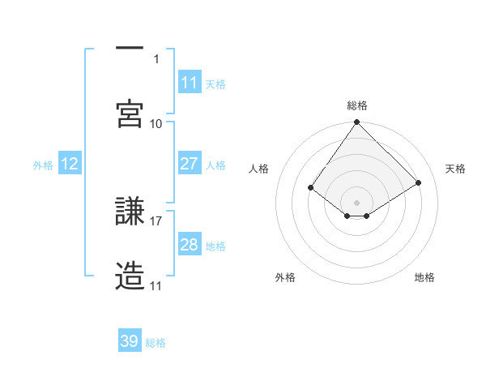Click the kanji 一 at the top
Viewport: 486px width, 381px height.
point(130,49)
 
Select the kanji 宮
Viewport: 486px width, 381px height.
point(130,113)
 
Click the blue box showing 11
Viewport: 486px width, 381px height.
point(190,83)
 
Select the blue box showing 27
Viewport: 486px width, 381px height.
point(190,164)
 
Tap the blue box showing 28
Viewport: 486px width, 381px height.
point(190,245)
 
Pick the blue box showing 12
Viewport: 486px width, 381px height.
point(70,164)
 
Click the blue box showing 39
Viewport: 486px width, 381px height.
point(130,341)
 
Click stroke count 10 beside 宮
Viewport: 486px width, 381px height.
point(156,123)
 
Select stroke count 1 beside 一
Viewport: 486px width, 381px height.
point(157,58)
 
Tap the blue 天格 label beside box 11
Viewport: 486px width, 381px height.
point(215,83)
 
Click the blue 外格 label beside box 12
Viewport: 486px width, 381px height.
point(43,165)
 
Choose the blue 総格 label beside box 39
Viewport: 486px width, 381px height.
point(156,342)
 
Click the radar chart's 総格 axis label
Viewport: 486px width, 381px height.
point(357,105)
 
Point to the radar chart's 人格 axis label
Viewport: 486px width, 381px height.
point(259,169)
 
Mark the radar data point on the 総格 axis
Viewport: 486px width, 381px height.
point(357,123)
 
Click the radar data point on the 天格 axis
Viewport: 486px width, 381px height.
point(419,182)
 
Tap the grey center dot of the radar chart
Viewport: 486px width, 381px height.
point(357,202)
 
